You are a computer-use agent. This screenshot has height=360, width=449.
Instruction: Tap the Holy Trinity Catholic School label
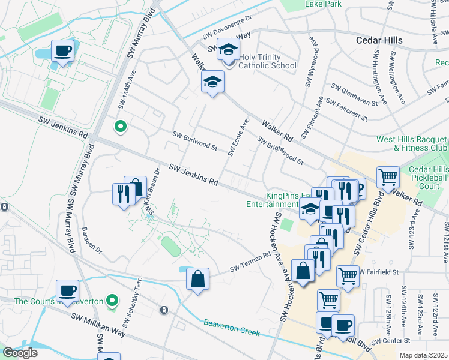coord(267,61)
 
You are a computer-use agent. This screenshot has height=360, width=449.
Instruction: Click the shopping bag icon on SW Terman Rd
coord(197,278)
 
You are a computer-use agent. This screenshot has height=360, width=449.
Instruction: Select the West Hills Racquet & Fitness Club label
coord(412,143)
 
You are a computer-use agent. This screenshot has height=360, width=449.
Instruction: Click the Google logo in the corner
coord(20,352)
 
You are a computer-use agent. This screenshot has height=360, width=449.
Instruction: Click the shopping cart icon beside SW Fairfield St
coord(348,276)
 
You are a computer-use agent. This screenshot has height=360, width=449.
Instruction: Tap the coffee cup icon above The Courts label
coord(67,290)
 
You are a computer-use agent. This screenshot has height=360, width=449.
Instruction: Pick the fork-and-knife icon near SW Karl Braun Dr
coord(122,194)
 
